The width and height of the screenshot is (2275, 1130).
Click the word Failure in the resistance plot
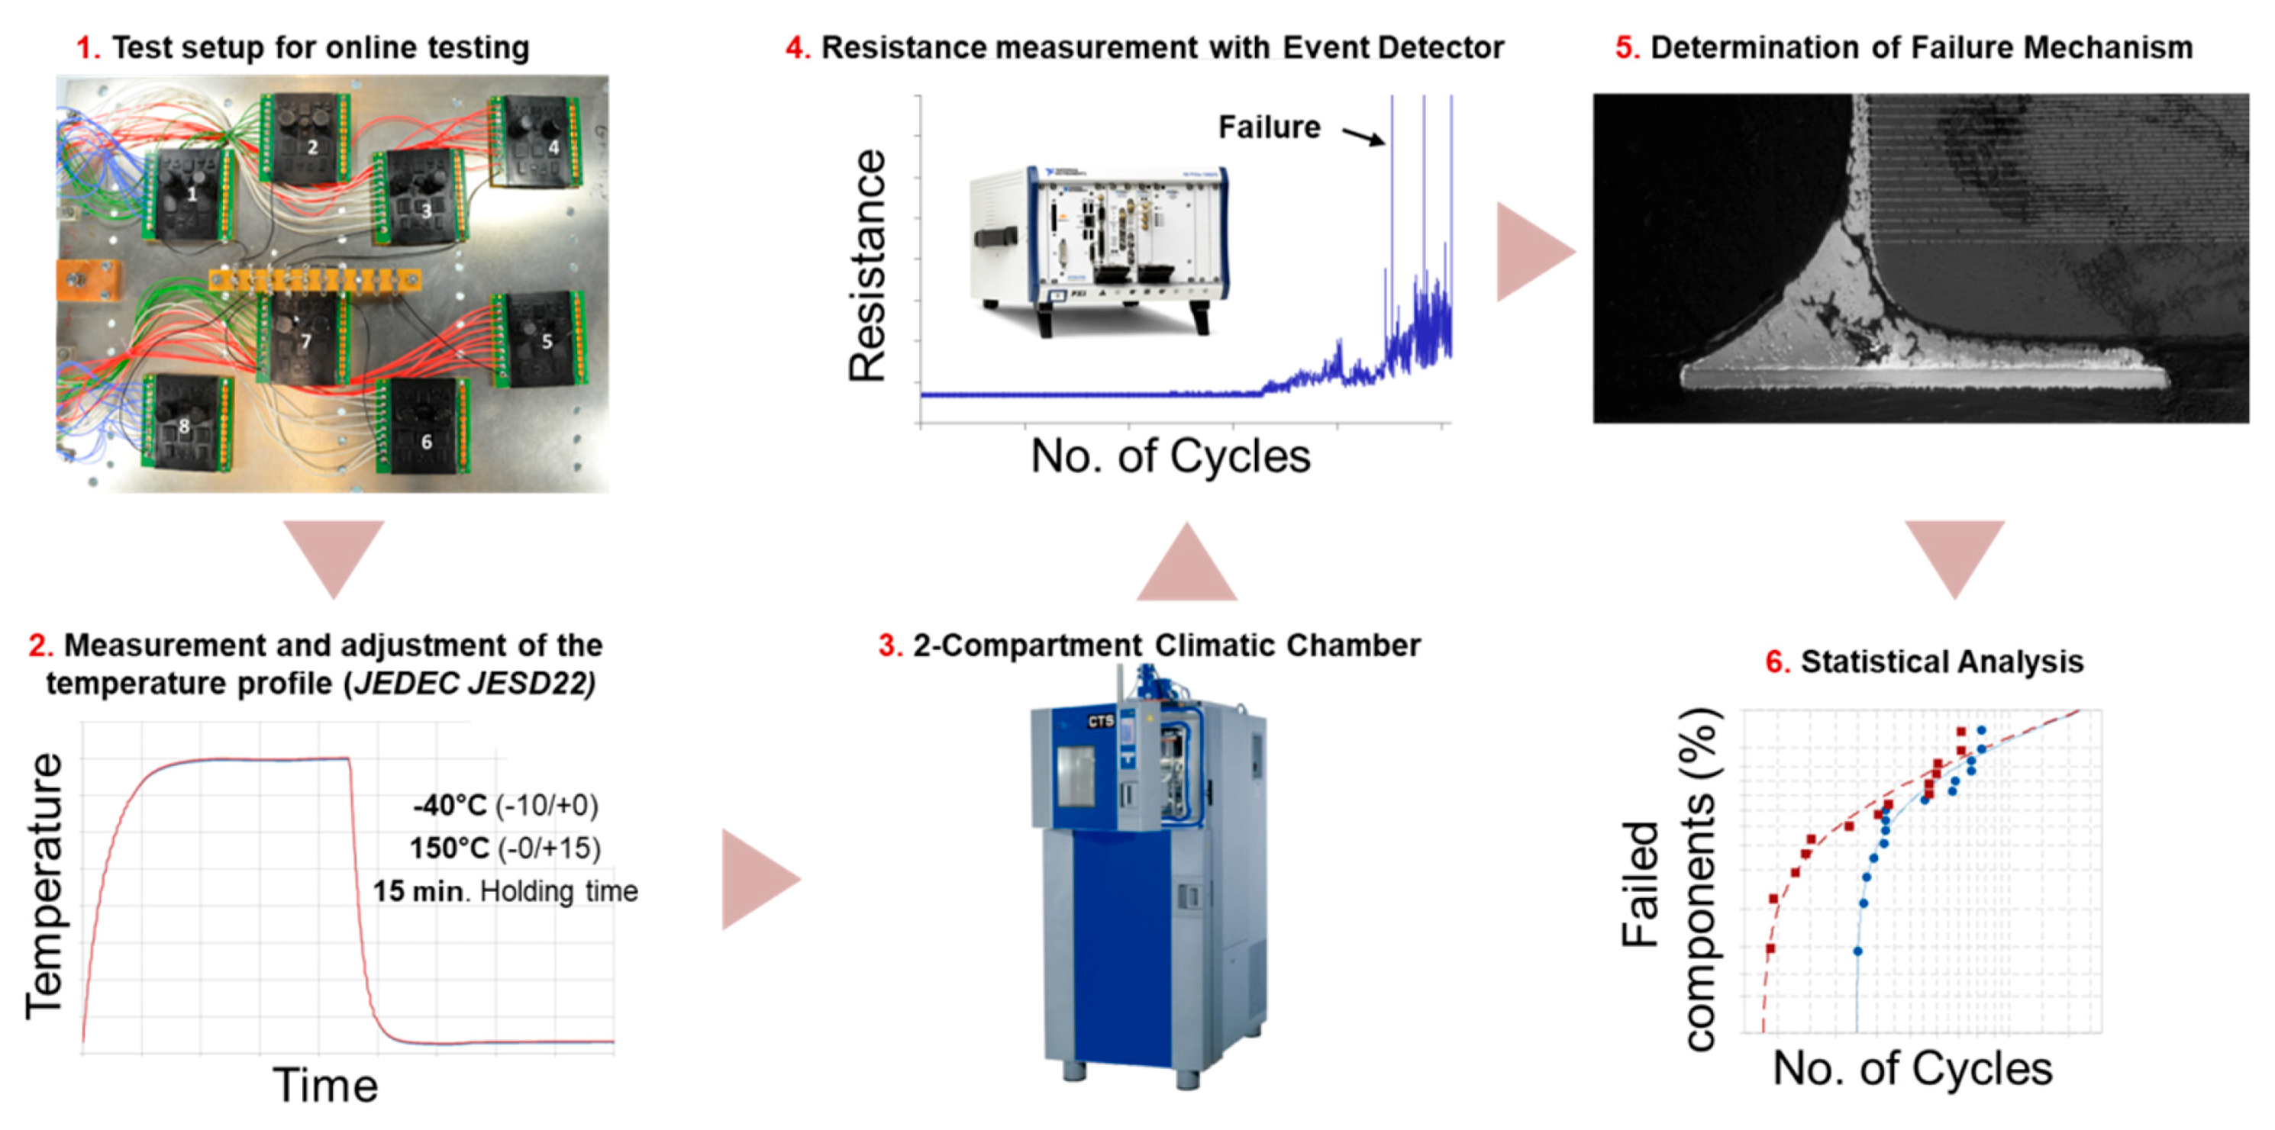[1269, 127]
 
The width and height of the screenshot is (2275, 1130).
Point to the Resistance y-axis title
[867, 265]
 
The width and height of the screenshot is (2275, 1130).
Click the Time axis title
[325, 1085]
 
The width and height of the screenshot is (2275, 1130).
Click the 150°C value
[449, 848]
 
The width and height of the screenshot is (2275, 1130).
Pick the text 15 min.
[418, 890]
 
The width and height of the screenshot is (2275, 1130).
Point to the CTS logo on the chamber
[1100, 721]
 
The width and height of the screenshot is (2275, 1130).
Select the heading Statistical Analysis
[1941, 662]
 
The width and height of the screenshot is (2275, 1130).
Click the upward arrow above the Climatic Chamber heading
[1186, 565]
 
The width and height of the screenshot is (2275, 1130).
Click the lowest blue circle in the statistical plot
[1857, 951]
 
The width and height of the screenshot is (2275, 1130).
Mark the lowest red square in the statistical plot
[1770, 948]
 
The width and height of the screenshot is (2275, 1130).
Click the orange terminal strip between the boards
[314, 282]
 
